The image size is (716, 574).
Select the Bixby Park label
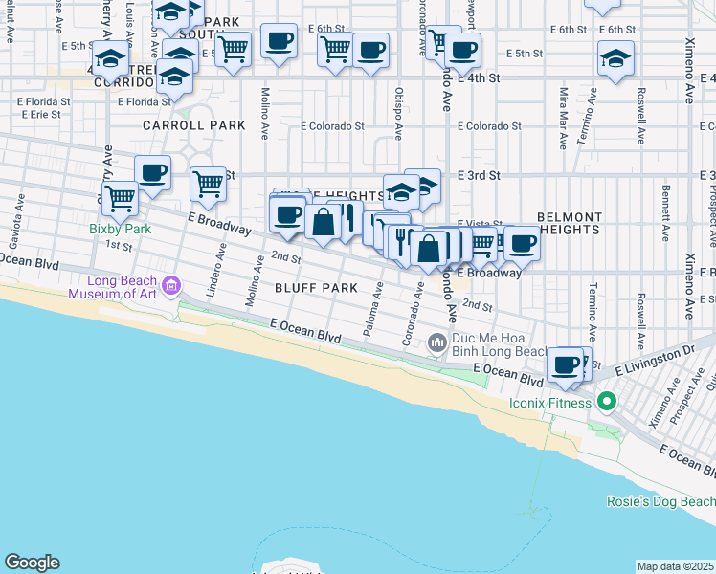point(121,229)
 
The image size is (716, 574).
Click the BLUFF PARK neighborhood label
point(316,288)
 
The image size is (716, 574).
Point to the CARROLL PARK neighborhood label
point(194,125)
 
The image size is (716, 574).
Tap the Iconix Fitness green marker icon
point(604,401)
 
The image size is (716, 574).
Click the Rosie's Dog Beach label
point(660,501)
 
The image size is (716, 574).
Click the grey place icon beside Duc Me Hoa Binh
point(438,342)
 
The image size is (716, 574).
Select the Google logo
point(32,563)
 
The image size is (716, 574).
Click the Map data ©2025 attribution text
point(675,566)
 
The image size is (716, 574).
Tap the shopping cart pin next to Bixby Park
point(120,198)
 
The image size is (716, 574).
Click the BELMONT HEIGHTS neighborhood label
point(570,223)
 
